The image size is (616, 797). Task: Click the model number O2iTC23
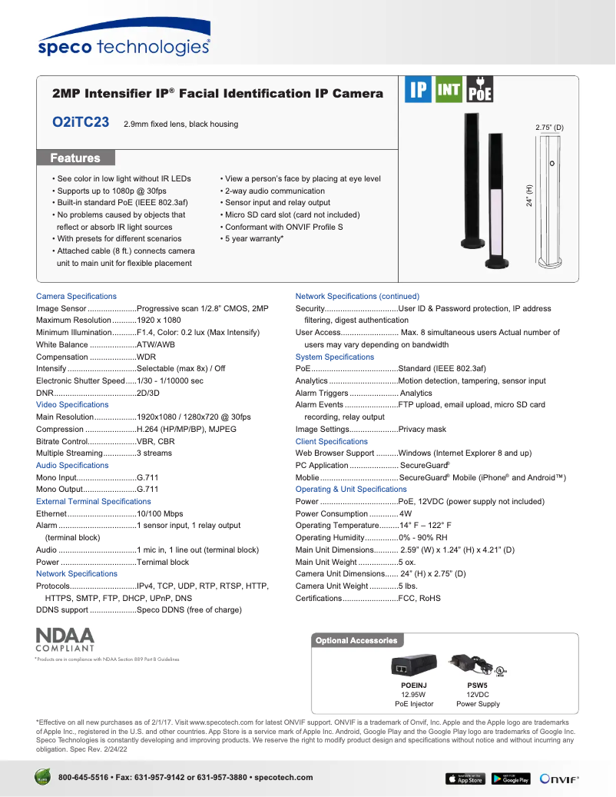click(80, 123)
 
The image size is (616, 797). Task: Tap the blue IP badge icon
click(418, 90)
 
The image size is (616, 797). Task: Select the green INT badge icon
click(449, 90)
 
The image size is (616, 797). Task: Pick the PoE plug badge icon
click(480, 90)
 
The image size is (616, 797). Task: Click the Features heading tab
click(75, 158)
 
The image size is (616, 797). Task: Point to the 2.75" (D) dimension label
click(549, 127)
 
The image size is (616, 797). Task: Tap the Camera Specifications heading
click(76, 296)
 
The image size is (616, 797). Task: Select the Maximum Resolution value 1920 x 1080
click(159, 320)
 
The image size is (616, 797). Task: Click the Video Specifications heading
click(72, 404)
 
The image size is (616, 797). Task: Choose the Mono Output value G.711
click(147, 490)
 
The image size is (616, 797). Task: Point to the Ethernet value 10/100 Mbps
click(160, 513)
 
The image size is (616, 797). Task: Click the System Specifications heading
click(335, 357)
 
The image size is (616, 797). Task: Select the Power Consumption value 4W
click(406, 513)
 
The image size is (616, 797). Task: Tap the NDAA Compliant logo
click(65, 639)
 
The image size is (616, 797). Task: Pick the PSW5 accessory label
click(477, 684)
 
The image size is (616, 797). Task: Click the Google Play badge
click(511, 779)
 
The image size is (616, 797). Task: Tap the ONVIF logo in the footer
click(558, 779)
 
